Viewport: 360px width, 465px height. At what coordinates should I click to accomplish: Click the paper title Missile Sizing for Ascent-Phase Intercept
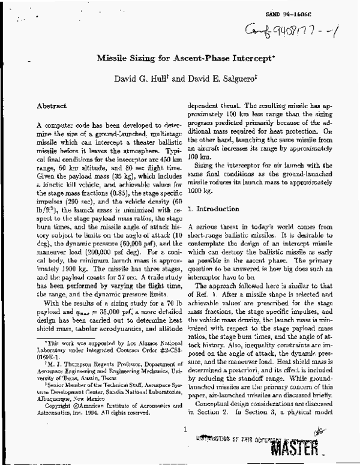click(x=180, y=59)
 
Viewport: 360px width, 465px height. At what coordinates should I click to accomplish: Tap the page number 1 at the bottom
click(x=186, y=428)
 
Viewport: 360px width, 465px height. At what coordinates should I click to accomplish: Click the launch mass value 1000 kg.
click(x=201, y=186)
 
